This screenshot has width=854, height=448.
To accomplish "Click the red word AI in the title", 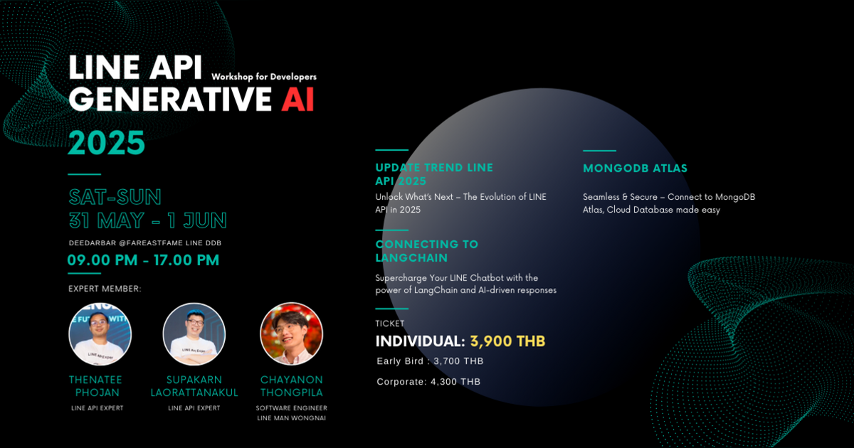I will click(297, 100).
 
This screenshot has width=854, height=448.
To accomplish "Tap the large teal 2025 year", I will click(107, 143).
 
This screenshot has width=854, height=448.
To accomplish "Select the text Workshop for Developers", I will click(264, 77).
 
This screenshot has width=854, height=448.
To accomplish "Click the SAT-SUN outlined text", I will click(115, 197).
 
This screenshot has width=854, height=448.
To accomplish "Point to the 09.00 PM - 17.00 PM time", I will click(143, 260).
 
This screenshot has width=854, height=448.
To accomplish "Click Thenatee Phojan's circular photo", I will click(100, 334).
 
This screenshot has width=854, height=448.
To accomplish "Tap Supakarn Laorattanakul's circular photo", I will click(194, 334).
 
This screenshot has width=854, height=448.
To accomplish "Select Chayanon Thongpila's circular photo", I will click(292, 334).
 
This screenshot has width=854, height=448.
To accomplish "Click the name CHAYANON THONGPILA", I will click(292, 386).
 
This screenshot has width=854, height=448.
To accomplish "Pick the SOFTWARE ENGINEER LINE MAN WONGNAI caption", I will click(292, 412).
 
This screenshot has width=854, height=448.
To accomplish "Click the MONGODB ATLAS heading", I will click(635, 169).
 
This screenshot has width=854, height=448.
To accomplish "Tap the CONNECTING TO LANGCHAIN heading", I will click(427, 251).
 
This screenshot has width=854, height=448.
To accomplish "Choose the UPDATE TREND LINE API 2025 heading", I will click(434, 174).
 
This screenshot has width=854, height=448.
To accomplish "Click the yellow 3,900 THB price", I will click(507, 341).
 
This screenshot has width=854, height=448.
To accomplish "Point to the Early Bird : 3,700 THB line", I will click(430, 361).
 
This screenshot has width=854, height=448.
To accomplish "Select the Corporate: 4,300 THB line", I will click(428, 382).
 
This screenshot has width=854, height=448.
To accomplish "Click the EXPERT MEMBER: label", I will click(105, 289).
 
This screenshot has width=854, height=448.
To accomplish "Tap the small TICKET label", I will click(389, 324).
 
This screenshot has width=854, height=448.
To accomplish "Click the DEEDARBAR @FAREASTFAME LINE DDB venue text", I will click(144, 243).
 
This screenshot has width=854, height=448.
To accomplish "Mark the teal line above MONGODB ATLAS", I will click(599, 151).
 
